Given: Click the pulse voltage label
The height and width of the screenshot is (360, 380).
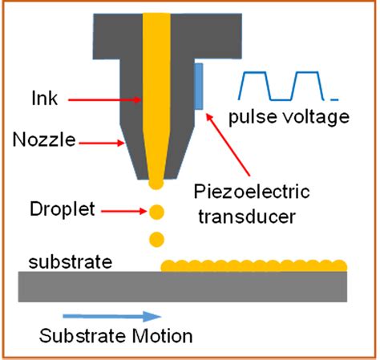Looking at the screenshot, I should pyautogui.click(x=289, y=118).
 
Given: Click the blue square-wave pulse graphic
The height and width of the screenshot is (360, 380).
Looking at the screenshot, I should pyautogui.click(x=283, y=85).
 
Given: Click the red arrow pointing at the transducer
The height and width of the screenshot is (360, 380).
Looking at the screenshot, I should pyautogui.click(x=228, y=145).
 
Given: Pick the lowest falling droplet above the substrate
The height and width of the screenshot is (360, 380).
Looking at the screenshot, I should pyautogui.click(x=156, y=239).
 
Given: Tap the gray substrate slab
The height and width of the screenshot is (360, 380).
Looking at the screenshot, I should pyautogui.click(x=184, y=284).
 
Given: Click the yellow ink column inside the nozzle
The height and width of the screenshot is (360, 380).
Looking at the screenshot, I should pyautogui.click(x=156, y=88).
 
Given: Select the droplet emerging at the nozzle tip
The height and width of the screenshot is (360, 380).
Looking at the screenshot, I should pyautogui.click(x=156, y=184).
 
